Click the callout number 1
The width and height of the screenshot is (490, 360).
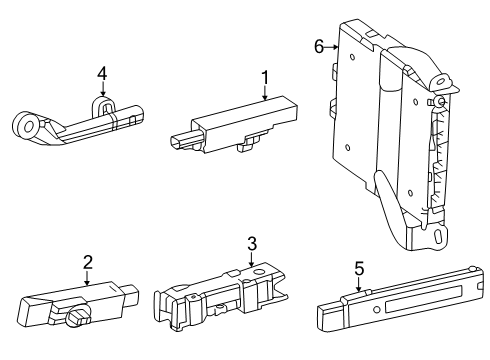point(265,77)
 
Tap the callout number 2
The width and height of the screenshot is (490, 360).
point(88,262)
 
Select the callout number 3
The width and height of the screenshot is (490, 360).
point(253,243)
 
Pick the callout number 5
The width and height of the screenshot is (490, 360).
point(359,268)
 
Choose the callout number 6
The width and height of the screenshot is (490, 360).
point(318,46)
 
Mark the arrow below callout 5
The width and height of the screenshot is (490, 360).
point(359,286)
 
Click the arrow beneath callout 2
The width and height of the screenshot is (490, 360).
point(88,279)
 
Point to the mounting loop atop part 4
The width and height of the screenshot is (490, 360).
point(102,104)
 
